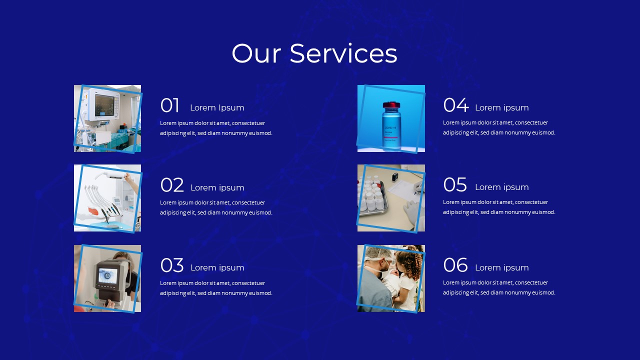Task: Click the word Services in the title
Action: [343, 53]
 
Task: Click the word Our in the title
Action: [256, 53]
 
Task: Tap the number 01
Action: [169, 106]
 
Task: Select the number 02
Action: [172, 185]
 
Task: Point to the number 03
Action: [172, 265]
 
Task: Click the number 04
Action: [455, 105]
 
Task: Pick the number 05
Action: [455, 185]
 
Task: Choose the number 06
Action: [455, 265]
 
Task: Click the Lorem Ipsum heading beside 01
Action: [217, 107]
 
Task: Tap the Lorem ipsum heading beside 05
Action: [501, 187]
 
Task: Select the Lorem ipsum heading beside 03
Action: [217, 267]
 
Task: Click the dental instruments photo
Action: [107, 198]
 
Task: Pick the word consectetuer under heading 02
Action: [248, 202]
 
